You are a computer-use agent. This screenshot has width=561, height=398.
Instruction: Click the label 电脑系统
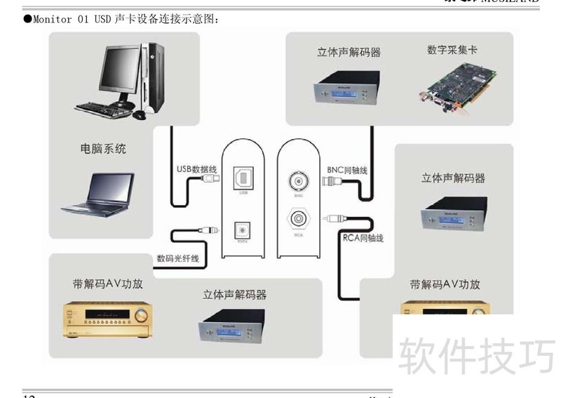(103, 149)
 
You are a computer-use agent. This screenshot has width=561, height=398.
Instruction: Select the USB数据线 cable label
(196, 168)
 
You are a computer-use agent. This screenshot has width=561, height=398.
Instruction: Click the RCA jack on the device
(299, 218)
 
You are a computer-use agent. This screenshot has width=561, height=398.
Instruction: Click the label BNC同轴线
(347, 170)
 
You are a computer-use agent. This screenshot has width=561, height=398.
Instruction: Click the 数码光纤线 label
(178, 258)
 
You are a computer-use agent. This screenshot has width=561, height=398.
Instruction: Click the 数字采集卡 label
(452, 50)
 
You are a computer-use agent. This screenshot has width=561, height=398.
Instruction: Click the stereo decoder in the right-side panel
(453, 212)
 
